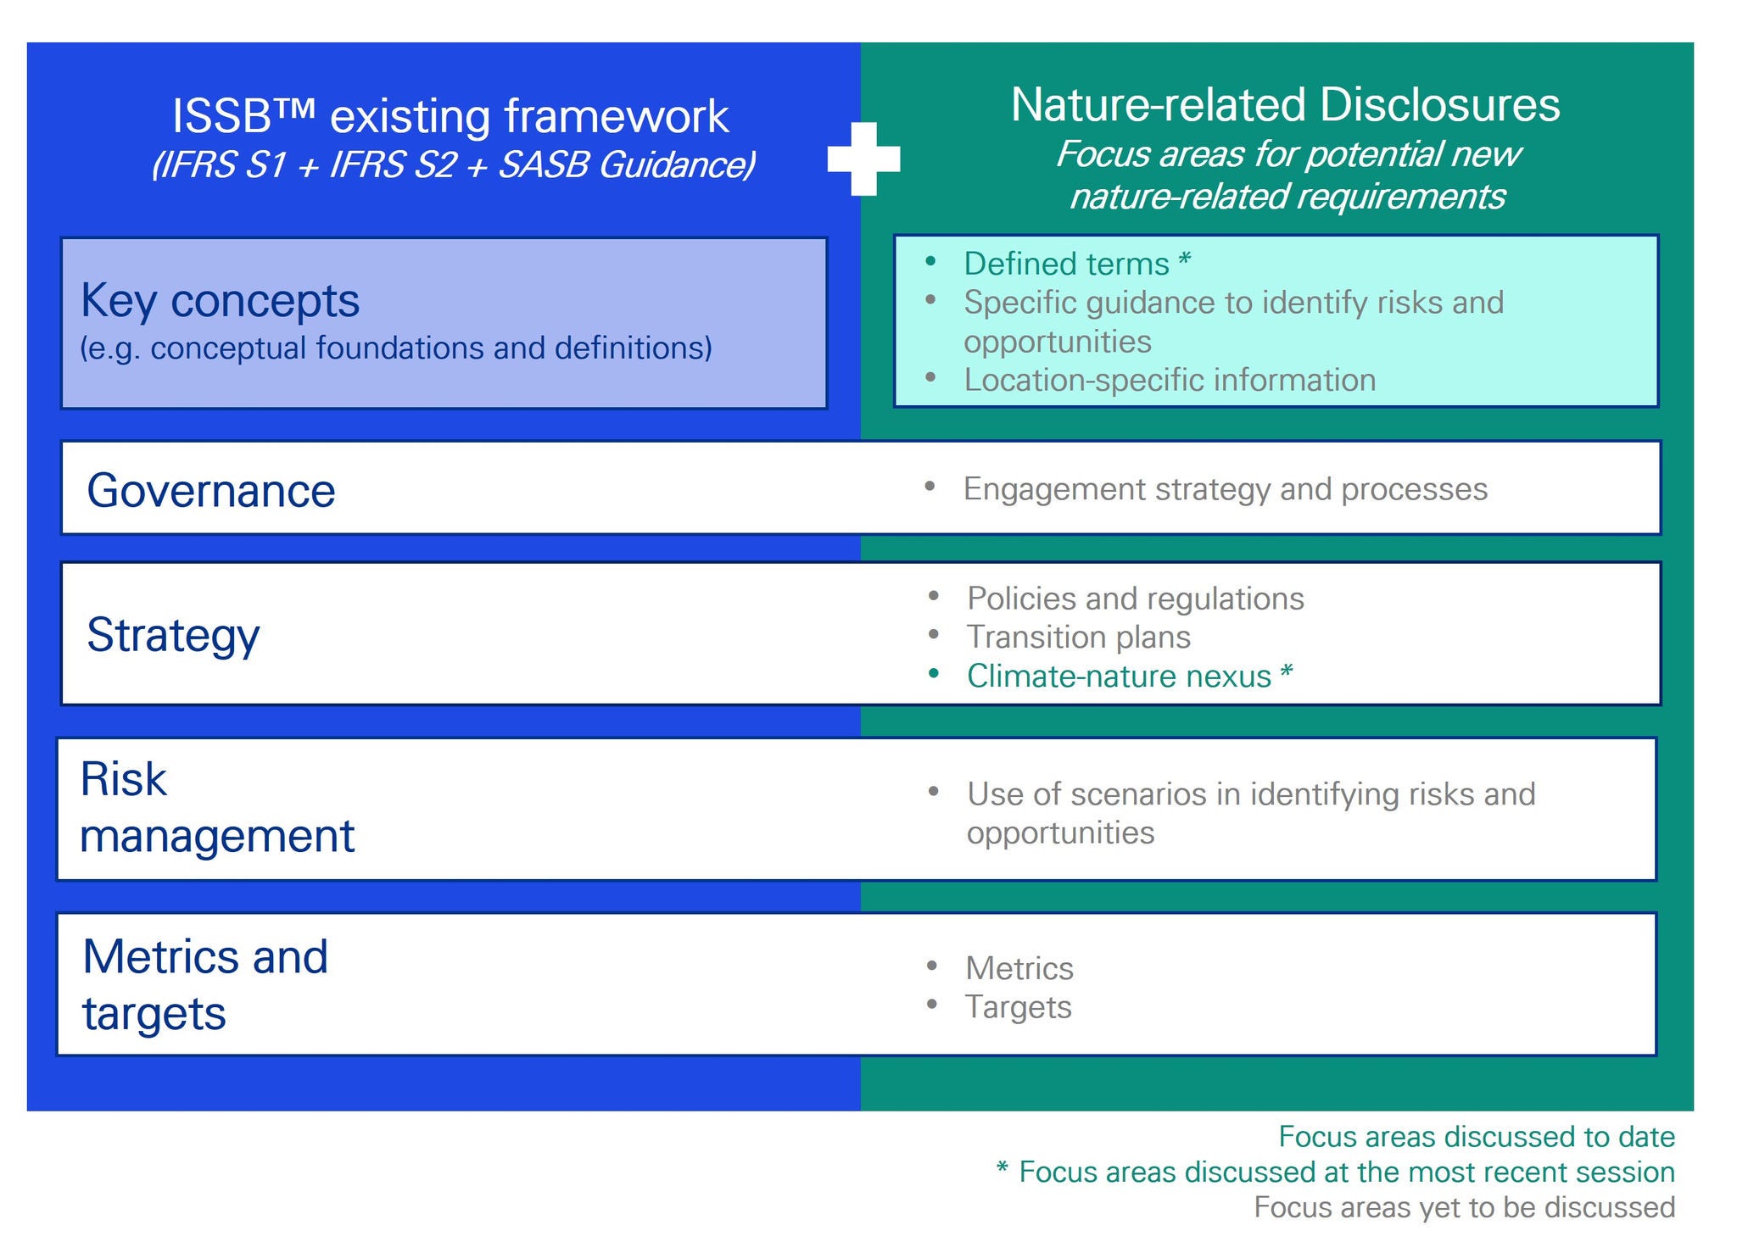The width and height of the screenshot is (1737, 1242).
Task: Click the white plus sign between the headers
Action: pos(863,159)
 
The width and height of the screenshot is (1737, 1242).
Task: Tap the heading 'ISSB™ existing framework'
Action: pos(450,116)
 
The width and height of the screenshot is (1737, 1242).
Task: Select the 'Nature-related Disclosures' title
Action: pos(1285,105)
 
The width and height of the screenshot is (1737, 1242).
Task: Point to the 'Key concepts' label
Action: pos(221,301)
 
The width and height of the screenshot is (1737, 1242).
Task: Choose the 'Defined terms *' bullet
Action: pos(1077,264)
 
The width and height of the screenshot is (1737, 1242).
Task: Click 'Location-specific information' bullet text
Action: pos(1170,380)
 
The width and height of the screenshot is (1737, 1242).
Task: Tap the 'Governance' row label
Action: pos(211,491)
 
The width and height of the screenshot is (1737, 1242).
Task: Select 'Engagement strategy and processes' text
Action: pos(1226,489)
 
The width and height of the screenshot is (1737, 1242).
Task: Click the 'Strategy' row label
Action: pos(173,635)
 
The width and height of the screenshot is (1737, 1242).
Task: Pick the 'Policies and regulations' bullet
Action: pos(1136,599)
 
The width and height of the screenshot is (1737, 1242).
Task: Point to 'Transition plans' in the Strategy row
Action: pos(1079,637)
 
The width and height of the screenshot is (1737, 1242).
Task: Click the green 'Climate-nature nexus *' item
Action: pos(1130,676)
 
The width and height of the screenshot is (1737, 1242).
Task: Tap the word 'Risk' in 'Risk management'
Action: pos(124,779)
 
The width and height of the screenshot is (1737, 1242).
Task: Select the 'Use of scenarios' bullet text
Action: pos(1251,813)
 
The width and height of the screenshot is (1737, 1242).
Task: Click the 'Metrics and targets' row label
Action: pos(205,985)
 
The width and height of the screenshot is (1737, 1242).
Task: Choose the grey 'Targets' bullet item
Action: pos(1019,1007)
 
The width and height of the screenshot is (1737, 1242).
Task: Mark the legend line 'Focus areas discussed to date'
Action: pos(1477,1137)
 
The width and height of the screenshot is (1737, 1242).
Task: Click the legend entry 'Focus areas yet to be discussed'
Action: pos(1465,1207)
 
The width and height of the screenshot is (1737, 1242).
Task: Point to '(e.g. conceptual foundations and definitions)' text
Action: pos(396,348)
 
